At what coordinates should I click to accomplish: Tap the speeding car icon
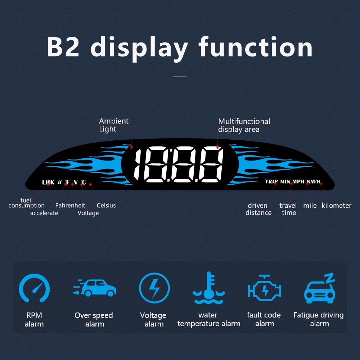pos(94,288)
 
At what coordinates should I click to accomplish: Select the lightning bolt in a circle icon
pos(154,288)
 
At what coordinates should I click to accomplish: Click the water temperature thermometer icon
pos(209,288)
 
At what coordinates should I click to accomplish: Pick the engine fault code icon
pos(265,288)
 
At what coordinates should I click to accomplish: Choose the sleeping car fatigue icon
pos(320,288)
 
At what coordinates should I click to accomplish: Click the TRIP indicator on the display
pos(271,181)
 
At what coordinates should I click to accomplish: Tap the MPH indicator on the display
pos(298,181)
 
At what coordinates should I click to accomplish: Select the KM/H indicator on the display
pos(314,181)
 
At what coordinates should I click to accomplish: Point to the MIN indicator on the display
pos(285,181)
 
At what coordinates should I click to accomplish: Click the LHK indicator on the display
pos(48,182)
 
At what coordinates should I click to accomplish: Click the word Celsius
pos(106,205)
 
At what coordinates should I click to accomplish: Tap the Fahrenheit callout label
pos(70,205)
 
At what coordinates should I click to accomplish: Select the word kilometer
pos(336,206)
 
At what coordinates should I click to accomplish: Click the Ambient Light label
pos(114,125)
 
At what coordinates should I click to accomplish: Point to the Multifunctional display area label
pos(244,125)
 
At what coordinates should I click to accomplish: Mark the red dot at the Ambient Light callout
pos(131,147)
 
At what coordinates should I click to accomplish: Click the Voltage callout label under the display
pos(88,213)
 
